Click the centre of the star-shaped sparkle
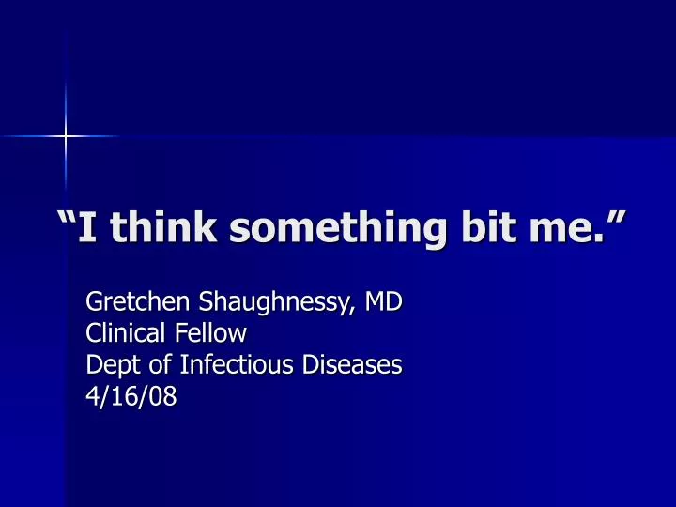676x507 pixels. (65, 137)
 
